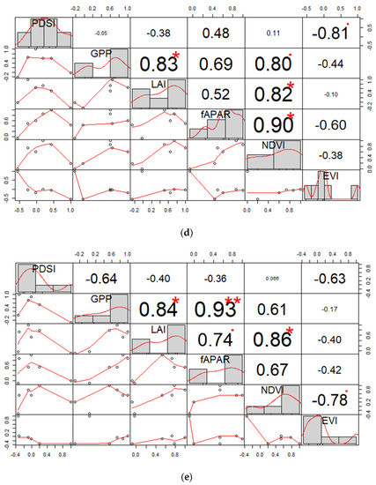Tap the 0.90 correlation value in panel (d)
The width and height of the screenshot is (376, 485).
click(x=270, y=125)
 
